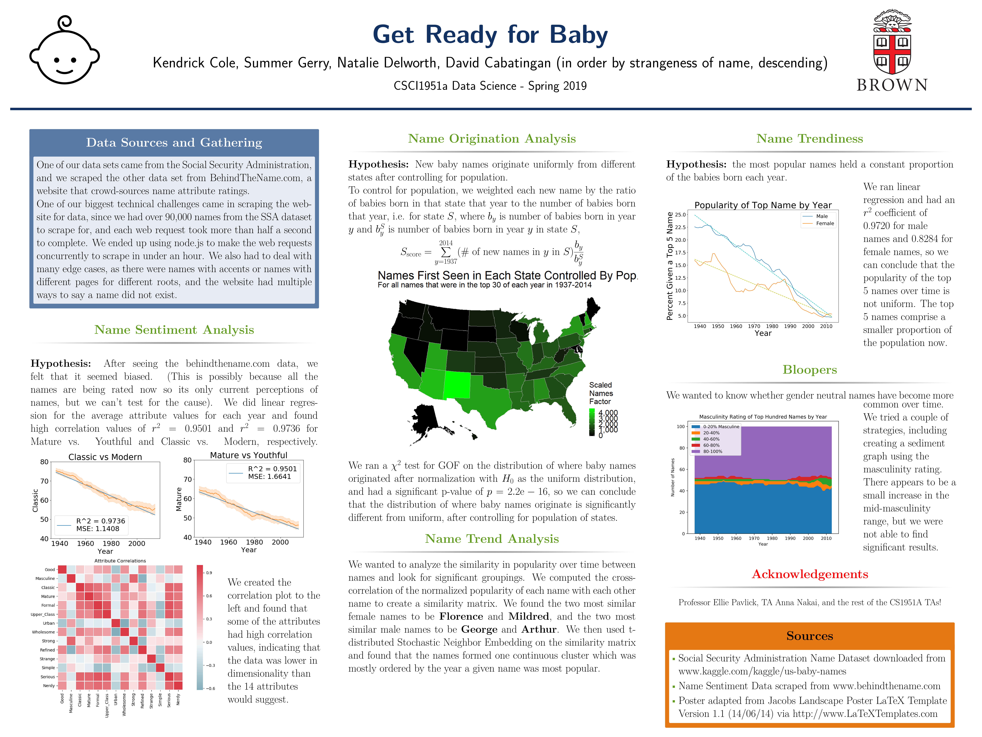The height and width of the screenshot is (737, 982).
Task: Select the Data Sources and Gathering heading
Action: [x=174, y=143]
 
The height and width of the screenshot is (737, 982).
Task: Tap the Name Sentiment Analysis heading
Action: [x=174, y=330]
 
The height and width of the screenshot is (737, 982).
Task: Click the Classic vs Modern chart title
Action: [x=105, y=457]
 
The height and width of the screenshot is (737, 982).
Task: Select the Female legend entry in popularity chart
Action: [x=824, y=223]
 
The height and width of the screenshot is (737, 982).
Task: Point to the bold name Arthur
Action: [x=539, y=629]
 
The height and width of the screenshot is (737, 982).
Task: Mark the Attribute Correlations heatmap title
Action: [x=120, y=561]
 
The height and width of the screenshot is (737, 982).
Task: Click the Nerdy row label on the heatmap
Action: [x=49, y=685]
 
